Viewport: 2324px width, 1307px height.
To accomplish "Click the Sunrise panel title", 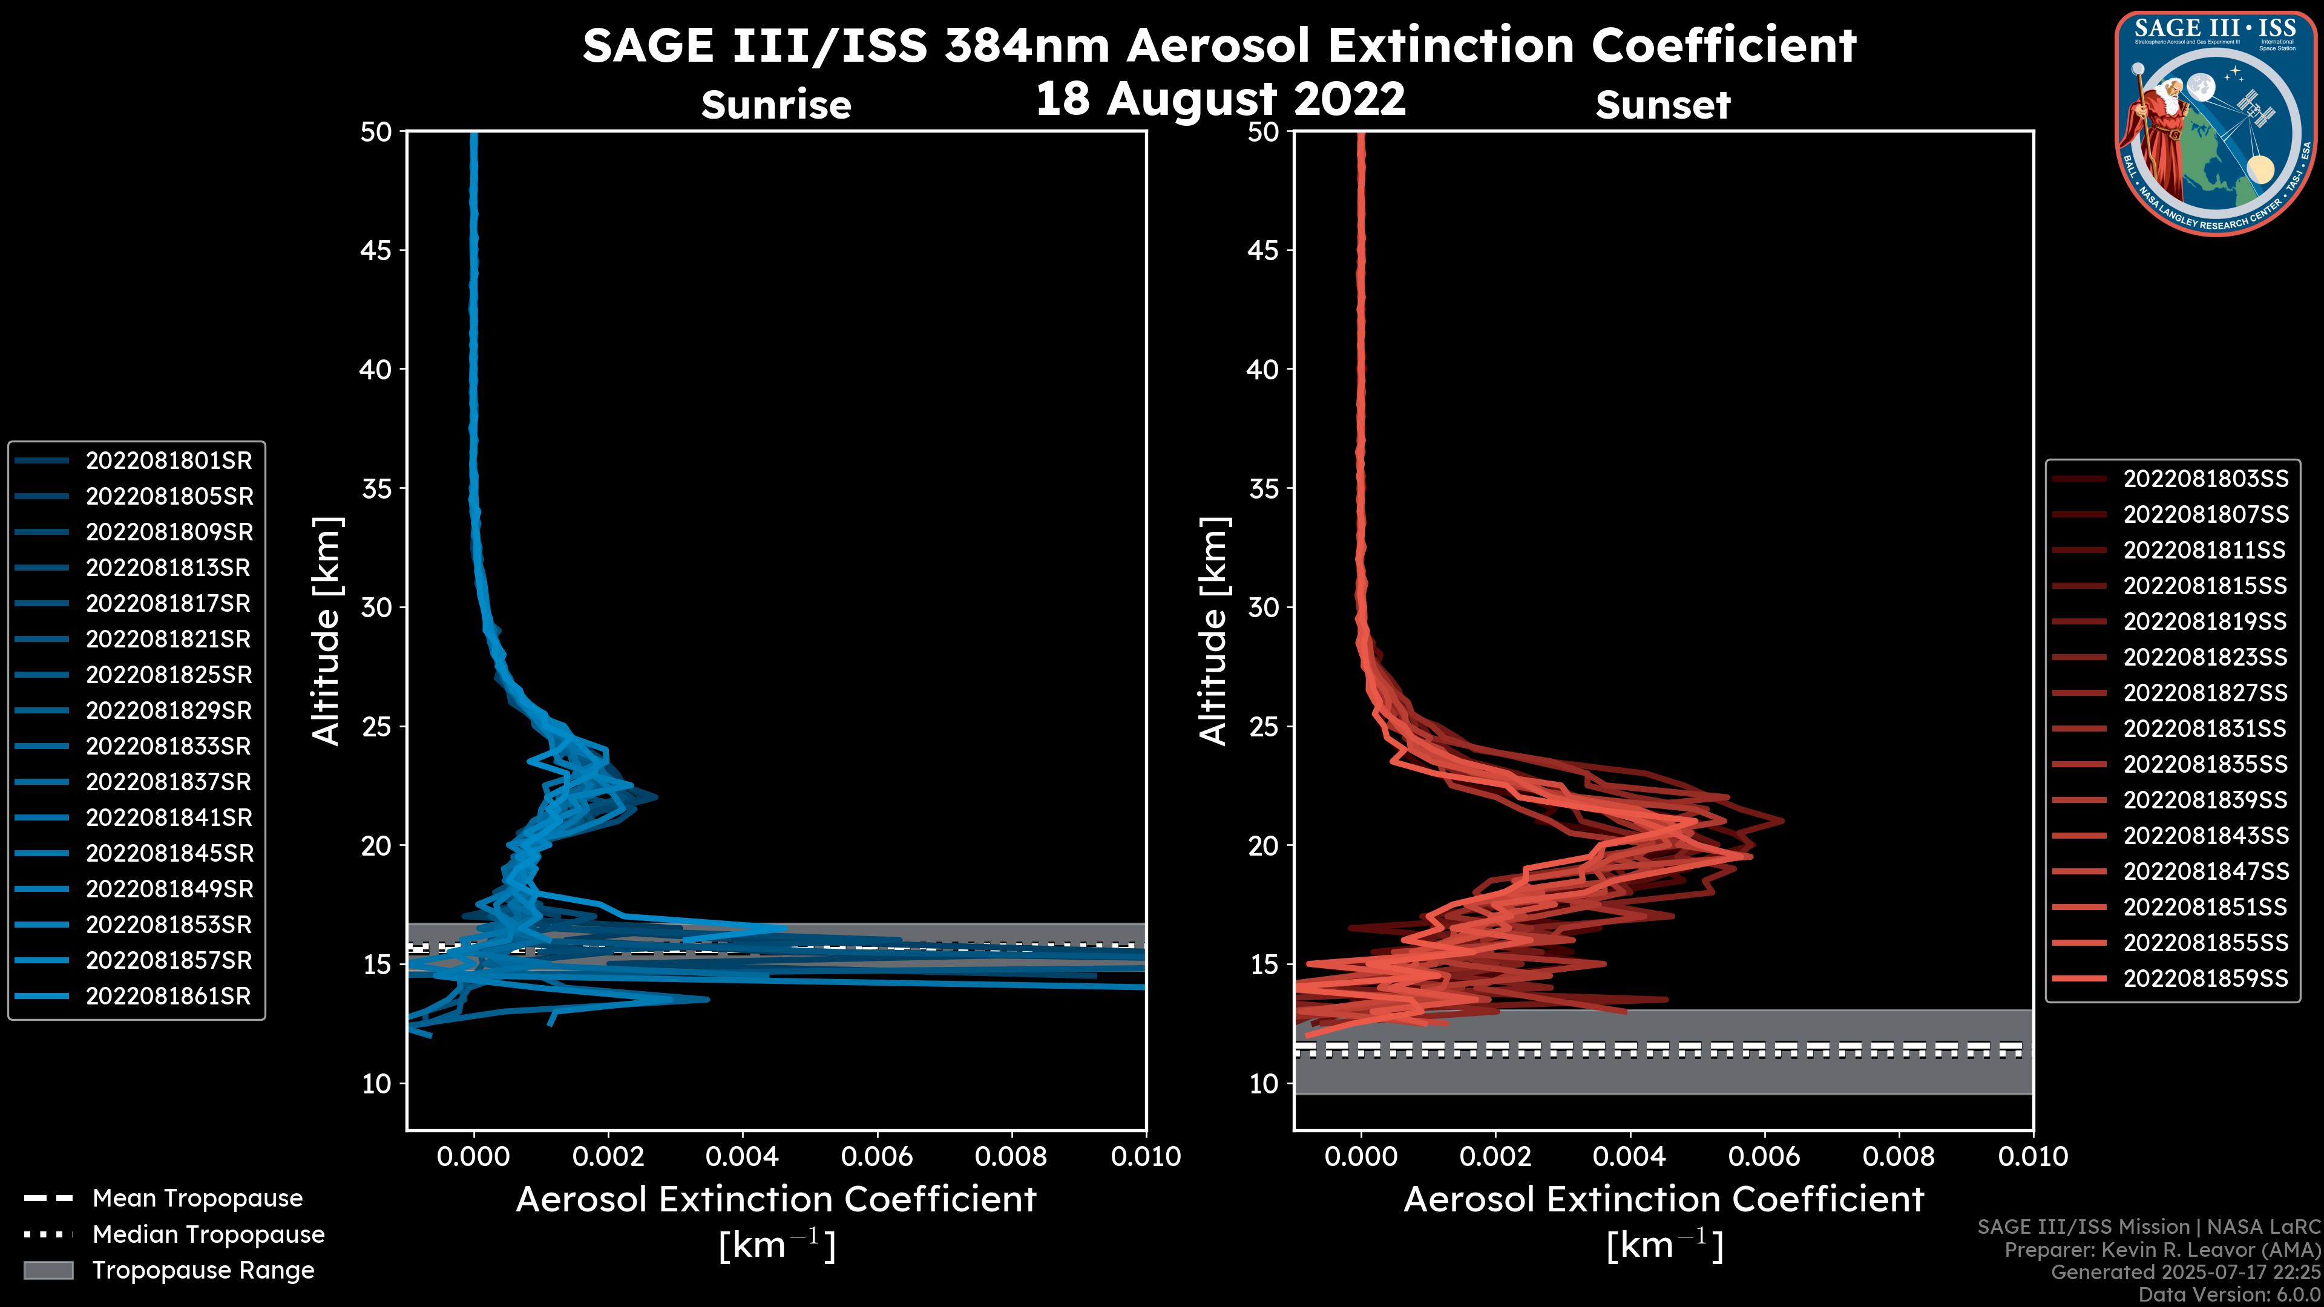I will pos(776,105).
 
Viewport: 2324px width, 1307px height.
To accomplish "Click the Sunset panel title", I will pos(1663,105).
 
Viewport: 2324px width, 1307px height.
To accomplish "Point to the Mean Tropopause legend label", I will pos(197,1199).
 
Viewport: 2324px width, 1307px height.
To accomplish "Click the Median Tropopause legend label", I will pos(208,1235).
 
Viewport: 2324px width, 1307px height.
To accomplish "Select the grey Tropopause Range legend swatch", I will pos(48,1271).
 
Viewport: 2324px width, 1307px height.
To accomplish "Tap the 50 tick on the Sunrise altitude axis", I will pos(376,132).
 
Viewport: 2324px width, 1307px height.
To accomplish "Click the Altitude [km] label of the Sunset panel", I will pos(1213,631).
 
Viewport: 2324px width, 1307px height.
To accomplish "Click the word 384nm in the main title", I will pos(1026,45).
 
